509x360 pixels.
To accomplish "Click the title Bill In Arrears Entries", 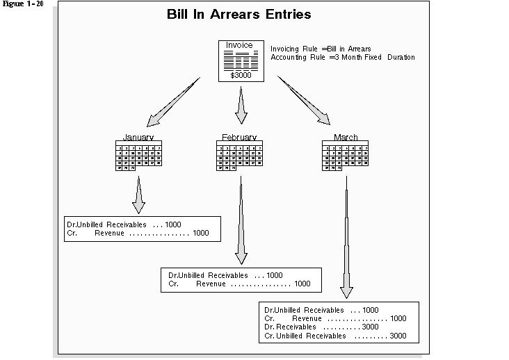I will [239, 15].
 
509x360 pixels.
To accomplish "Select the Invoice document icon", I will [240, 60].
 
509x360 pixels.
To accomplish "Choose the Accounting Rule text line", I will [342, 57].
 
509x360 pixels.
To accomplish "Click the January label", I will [138, 137].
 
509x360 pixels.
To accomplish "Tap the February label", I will [239, 137].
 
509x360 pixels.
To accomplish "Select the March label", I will [346, 137].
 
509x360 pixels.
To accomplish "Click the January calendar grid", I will [138, 156].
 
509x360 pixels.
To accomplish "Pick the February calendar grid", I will [239, 156].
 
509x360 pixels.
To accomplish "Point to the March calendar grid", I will [346, 156].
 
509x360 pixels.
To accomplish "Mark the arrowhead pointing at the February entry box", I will [241, 256].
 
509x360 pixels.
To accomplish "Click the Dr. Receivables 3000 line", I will [321, 327].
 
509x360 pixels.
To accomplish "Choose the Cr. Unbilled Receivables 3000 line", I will [335, 336].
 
